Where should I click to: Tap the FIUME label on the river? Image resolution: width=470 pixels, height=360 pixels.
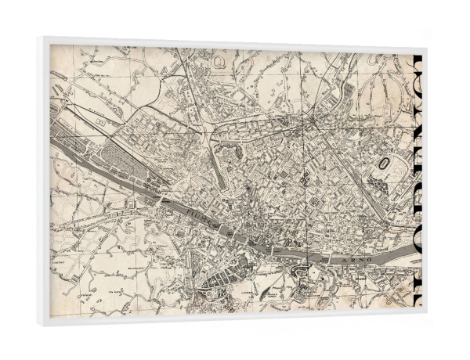pyautogui.click(x=199, y=218)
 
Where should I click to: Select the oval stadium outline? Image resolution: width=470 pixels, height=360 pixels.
pyautogui.click(x=387, y=164)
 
